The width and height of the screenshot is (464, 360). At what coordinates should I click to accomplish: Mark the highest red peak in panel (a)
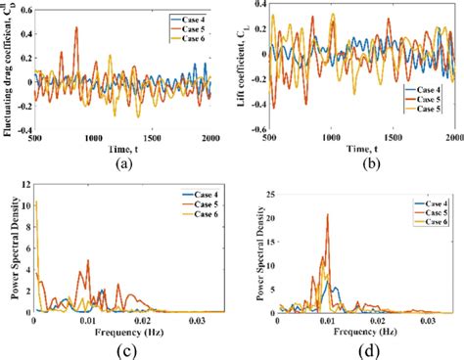tap(76, 28)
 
